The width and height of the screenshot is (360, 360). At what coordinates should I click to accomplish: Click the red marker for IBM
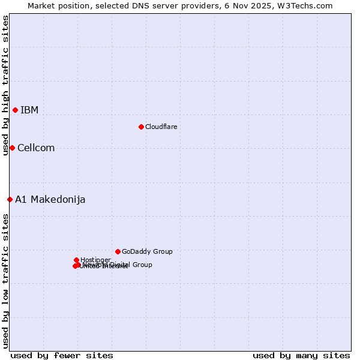[x=15, y=110]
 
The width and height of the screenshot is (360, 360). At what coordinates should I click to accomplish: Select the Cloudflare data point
[x=141, y=127]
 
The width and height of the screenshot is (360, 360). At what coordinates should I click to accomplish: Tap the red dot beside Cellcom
[x=12, y=148]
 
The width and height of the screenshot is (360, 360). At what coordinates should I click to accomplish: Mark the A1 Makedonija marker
[x=10, y=199]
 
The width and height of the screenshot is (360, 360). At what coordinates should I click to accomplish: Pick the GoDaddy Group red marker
[x=118, y=251]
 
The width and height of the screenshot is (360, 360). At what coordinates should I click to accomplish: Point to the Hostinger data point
[x=76, y=260]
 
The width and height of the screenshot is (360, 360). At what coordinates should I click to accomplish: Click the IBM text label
[x=29, y=110]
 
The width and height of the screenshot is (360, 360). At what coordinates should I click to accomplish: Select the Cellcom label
[x=36, y=148]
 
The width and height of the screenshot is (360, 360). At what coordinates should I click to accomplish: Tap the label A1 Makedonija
[x=50, y=200]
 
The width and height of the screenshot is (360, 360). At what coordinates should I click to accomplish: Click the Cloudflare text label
[x=161, y=127]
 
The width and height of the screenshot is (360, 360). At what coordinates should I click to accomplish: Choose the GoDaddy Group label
[x=147, y=251]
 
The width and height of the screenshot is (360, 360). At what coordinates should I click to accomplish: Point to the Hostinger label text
[x=95, y=260]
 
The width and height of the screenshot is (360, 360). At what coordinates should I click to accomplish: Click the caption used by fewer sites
[x=62, y=355]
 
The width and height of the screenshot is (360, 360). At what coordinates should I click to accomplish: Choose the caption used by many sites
[x=301, y=355]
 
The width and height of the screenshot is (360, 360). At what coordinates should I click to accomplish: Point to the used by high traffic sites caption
[x=5, y=86]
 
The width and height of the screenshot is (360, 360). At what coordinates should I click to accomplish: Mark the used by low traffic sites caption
[x=5, y=281]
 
